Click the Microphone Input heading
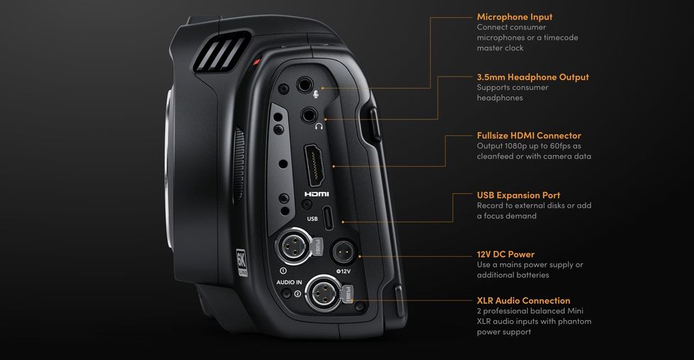coord(514,17)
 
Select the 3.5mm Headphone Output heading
coord(533,77)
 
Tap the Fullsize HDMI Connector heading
coord(529,135)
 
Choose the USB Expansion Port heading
coord(518,196)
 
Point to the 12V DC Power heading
coord(506,254)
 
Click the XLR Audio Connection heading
coord(523,300)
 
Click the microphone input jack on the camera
coord(305,84)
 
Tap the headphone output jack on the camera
coord(309,116)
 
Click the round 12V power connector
coord(344,252)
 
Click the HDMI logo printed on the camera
coord(317,194)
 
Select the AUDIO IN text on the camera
coord(289,282)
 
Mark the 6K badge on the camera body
coord(241,263)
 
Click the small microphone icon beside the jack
coord(316,94)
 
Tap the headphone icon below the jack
coord(319,127)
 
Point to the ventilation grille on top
coord(220,51)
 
